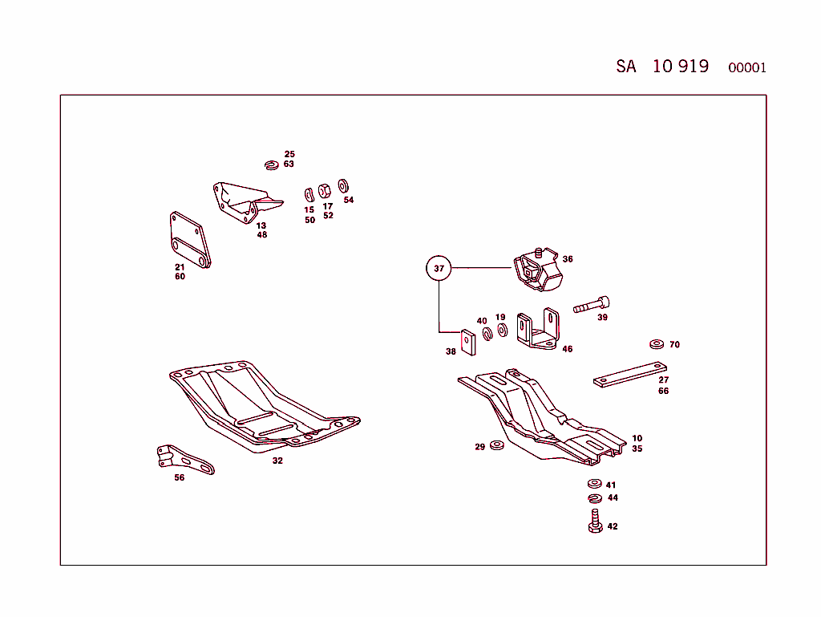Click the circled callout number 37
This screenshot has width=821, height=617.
(x=439, y=268)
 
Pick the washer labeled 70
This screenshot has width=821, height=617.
(x=656, y=344)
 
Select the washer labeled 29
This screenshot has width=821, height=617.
(x=496, y=445)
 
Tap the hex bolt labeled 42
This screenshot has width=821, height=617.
(x=595, y=523)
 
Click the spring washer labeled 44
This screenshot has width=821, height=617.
(x=594, y=499)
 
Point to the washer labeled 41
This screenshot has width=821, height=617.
(x=593, y=484)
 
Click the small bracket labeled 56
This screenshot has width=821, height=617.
(x=184, y=458)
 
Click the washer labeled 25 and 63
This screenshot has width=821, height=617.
(x=271, y=165)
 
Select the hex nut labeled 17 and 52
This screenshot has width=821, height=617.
(x=326, y=190)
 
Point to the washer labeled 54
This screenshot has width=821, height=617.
(x=343, y=185)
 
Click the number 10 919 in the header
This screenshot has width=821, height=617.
(x=680, y=67)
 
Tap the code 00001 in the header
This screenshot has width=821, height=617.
(x=746, y=68)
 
